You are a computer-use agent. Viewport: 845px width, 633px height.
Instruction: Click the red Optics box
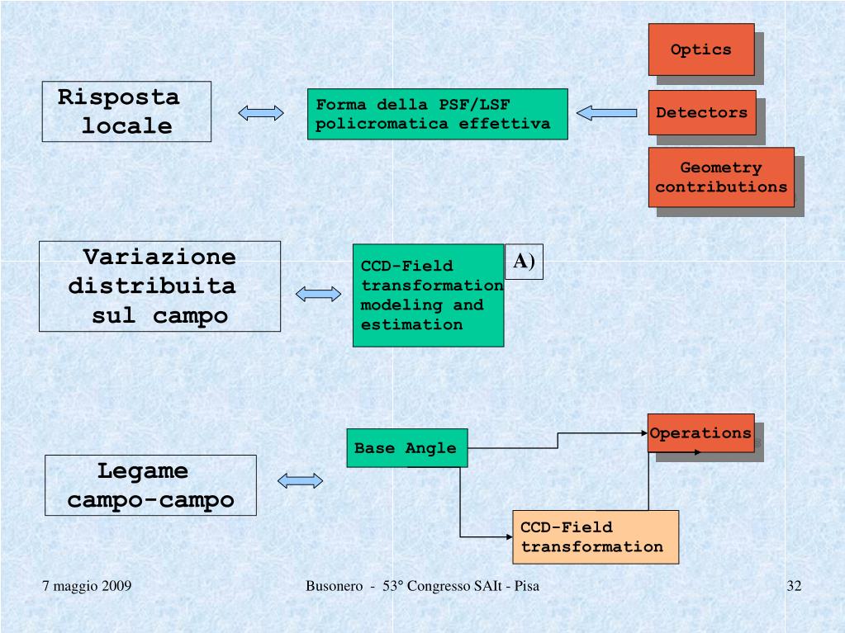[x=700, y=50]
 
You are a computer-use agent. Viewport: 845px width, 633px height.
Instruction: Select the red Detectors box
[x=701, y=112]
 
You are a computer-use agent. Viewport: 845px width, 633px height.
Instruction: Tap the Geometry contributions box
[x=721, y=177]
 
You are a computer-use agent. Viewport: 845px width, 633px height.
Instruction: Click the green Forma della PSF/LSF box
[x=437, y=114]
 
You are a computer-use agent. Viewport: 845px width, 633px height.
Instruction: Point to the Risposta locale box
[x=126, y=111]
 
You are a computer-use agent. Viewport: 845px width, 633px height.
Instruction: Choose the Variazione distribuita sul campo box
[x=159, y=286]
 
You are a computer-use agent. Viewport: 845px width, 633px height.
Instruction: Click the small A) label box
[x=524, y=262]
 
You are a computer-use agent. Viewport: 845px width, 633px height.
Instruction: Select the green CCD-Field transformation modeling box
[x=428, y=295]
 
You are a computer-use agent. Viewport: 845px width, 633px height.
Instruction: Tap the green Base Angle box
[x=406, y=448]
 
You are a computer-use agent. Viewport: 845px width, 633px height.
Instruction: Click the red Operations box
[x=700, y=432]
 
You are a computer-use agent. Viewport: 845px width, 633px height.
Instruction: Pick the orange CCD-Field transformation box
[x=595, y=536]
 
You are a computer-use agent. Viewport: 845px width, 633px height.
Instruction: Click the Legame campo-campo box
[x=150, y=485]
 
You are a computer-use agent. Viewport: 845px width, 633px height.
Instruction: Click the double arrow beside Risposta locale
[x=260, y=113]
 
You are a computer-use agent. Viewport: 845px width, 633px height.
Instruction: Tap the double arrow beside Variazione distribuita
[x=318, y=293]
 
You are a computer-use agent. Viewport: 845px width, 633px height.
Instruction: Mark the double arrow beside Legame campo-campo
[x=300, y=481]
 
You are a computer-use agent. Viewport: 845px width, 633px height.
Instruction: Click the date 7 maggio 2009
[x=88, y=586]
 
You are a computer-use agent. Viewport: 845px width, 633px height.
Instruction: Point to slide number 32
[x=794, y=586]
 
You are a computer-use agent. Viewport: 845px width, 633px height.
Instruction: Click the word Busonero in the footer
[x=334, y=586]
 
